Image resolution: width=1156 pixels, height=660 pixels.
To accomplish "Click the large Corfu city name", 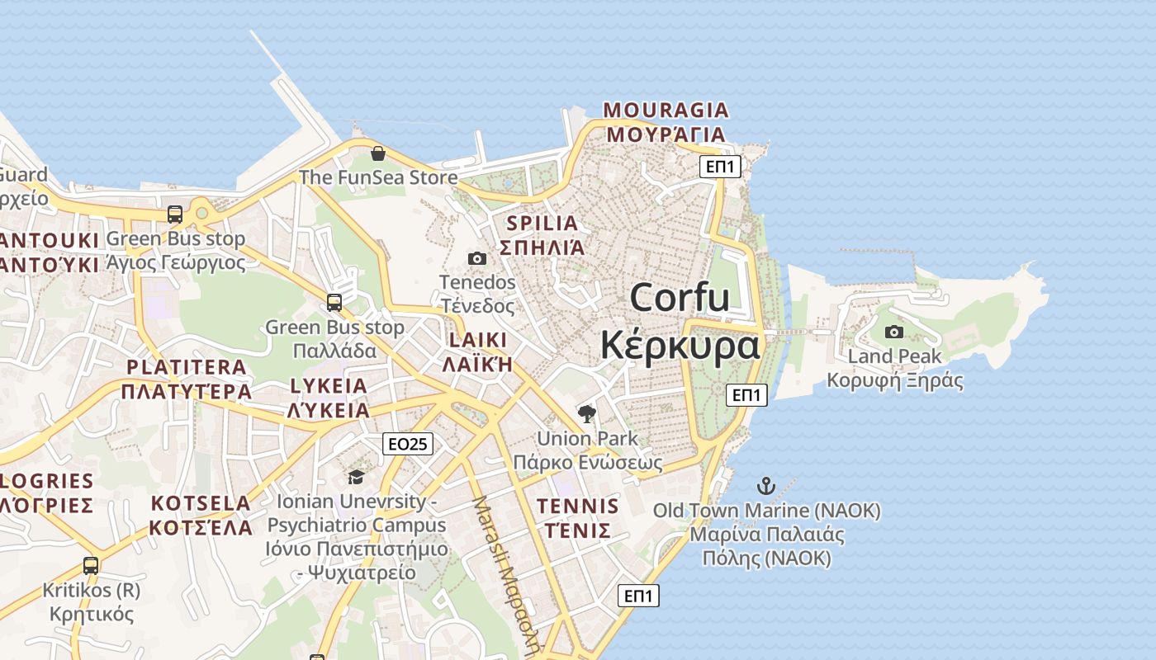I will point(680,298).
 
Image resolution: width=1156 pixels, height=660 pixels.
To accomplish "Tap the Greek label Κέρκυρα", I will point(680,345).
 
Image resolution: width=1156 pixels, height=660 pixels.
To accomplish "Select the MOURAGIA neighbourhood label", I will point(666,110).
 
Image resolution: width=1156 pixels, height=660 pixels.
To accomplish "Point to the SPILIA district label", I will point(542,223).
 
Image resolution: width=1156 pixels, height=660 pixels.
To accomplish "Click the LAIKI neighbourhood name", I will point(478,340).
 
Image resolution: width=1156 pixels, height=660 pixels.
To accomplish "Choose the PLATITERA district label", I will point(187,367).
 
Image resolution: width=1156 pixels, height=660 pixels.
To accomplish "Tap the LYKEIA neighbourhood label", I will point(329,386).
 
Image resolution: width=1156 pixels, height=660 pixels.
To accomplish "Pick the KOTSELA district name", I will point(201,503).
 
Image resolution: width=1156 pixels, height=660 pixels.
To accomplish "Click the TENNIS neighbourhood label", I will point(577,506).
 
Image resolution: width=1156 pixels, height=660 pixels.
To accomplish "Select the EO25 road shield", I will point(408,444).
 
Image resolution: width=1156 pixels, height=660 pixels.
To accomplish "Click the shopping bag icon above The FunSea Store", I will point(378,153).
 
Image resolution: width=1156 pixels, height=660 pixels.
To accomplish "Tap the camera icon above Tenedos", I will point(477,258).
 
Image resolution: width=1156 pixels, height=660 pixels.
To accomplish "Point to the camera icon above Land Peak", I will point(894,332).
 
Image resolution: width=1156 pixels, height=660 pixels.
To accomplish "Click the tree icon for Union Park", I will point(587,413).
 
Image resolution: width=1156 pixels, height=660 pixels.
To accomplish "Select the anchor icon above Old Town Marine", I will point(767,485).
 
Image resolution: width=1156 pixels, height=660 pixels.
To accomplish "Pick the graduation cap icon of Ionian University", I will point(356,477).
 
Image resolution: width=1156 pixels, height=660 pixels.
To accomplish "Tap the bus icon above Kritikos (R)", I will point(91,566).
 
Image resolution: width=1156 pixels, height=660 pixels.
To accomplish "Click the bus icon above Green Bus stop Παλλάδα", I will point(334,302).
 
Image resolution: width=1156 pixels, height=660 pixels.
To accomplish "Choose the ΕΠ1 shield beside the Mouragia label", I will point(720,167).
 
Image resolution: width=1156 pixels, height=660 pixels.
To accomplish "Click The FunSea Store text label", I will point(378,177).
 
